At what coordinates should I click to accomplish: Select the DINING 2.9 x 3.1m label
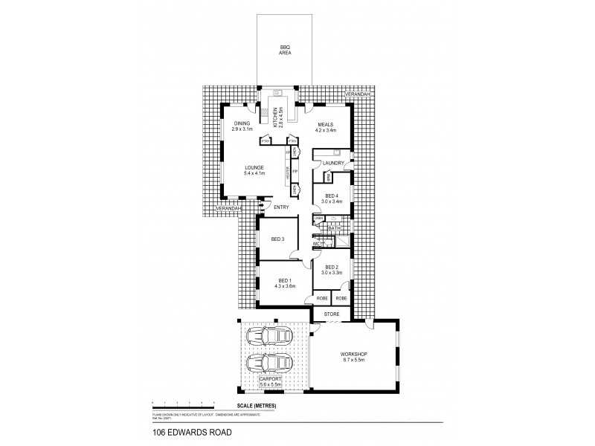pyautogui.click(x=242, y=126)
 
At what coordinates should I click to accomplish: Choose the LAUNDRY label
pyautogui.click(x=332, y=162)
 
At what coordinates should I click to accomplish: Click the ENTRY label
pyautogui.click(x=281, y=207)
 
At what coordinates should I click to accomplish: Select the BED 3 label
pyautogui.click(x=278, y=239)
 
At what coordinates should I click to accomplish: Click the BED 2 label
pyautogui.click(x=332, y=270)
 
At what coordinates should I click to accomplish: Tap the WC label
pyautogui.click(x=317, y=244)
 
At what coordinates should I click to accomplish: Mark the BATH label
pyautogui.click(x=335, y=229)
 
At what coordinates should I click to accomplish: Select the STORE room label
pyautogui.click(x=332, y=314)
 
